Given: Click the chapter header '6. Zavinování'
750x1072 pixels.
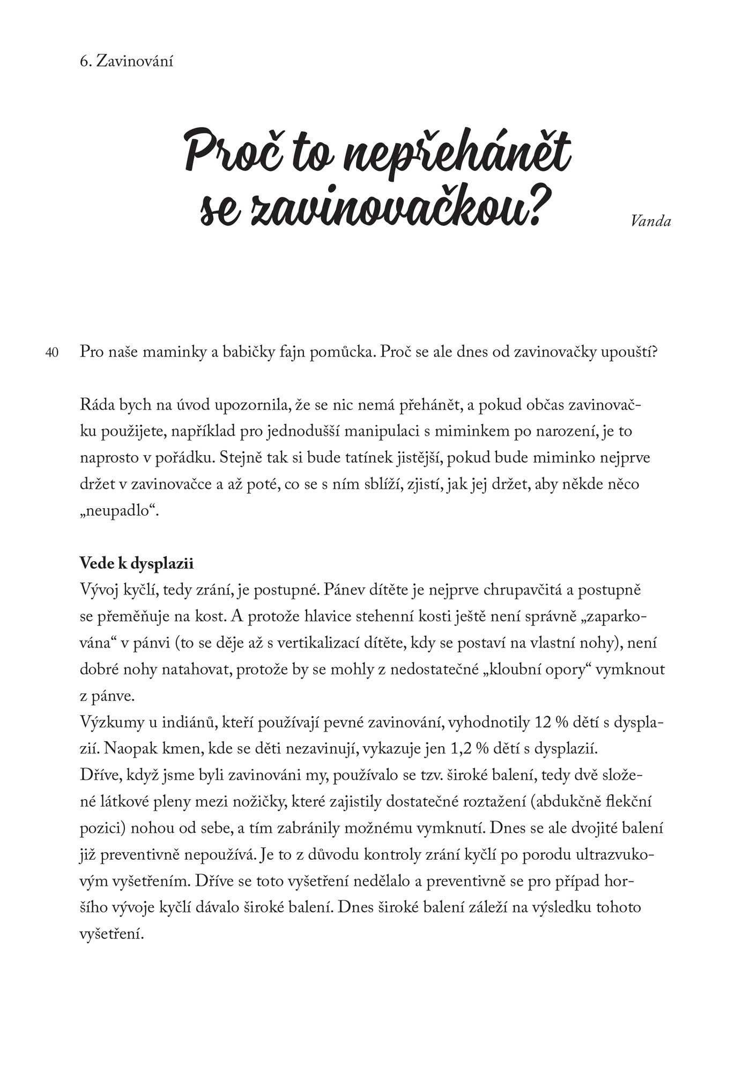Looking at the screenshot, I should tap(126, 62).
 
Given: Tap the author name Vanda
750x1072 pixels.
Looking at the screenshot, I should tap(651, 221).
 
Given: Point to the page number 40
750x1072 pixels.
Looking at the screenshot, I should tap(52, 353).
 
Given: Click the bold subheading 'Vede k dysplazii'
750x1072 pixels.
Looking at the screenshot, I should tap(137, 563).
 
